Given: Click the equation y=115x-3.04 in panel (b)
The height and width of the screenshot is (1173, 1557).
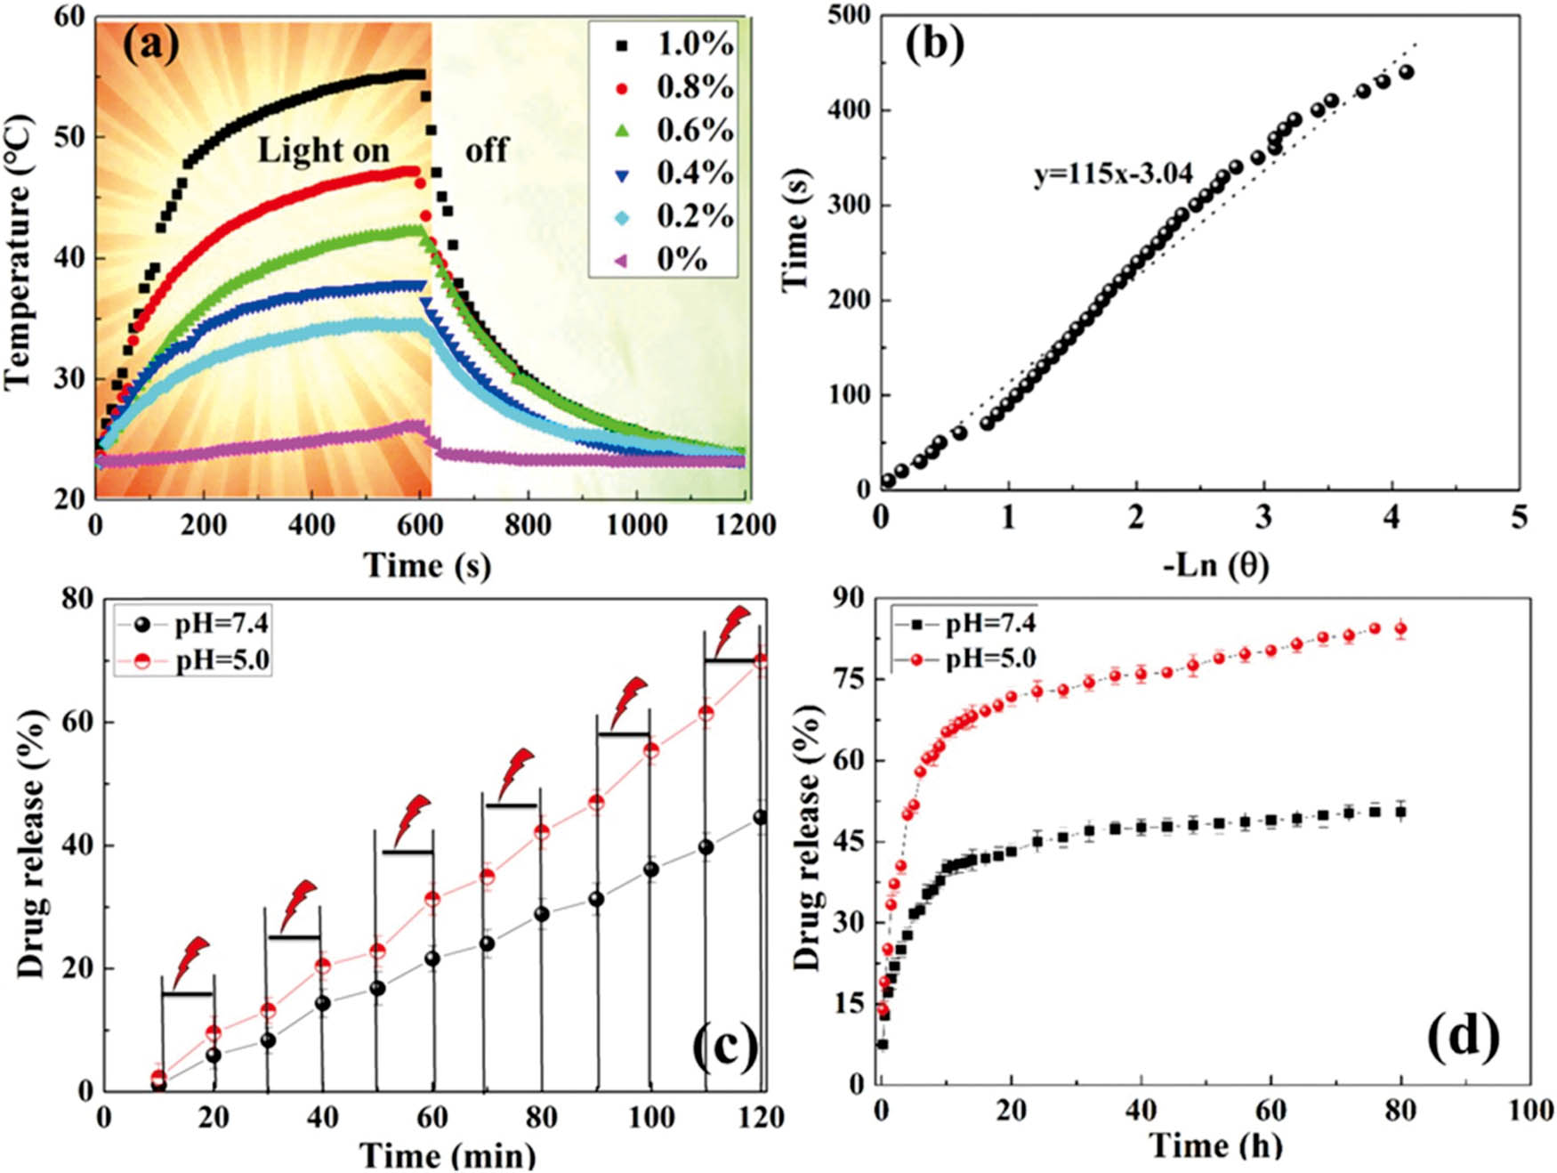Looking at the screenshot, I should pyautogui.click(x=1112, y=174).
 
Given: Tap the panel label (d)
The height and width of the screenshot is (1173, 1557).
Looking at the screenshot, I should pyautogui.click(x=1463, y=1038).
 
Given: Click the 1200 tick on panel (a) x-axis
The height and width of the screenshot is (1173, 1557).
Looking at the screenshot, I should pyautogui.click(x=746, y=525).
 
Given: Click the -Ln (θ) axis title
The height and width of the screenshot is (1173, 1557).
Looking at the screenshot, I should pyautogui.click(x=1215, y=564).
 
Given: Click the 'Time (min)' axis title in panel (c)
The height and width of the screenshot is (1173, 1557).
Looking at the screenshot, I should pyautogui.click(x=448, y=1155).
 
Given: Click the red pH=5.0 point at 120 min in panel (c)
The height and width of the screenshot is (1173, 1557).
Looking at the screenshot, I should pyautogui.click(x=761, y=662).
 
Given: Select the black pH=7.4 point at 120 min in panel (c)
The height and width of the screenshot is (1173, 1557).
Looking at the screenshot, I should pyautogui.click(x=761, y=817).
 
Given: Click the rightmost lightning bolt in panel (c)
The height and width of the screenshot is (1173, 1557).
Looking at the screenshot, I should pyautogui.click(x=733, y=628).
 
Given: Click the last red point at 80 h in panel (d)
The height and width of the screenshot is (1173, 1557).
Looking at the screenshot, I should pyautogui.click(x=1400, y=629).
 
